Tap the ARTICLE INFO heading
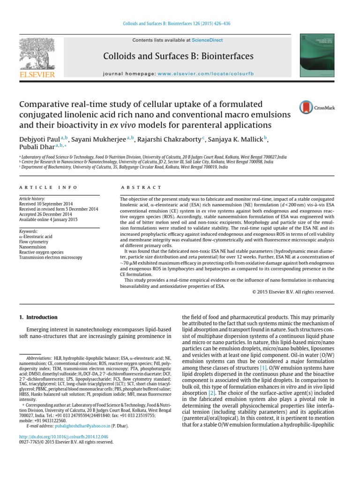point(48,187)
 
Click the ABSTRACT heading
point(141,187)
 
